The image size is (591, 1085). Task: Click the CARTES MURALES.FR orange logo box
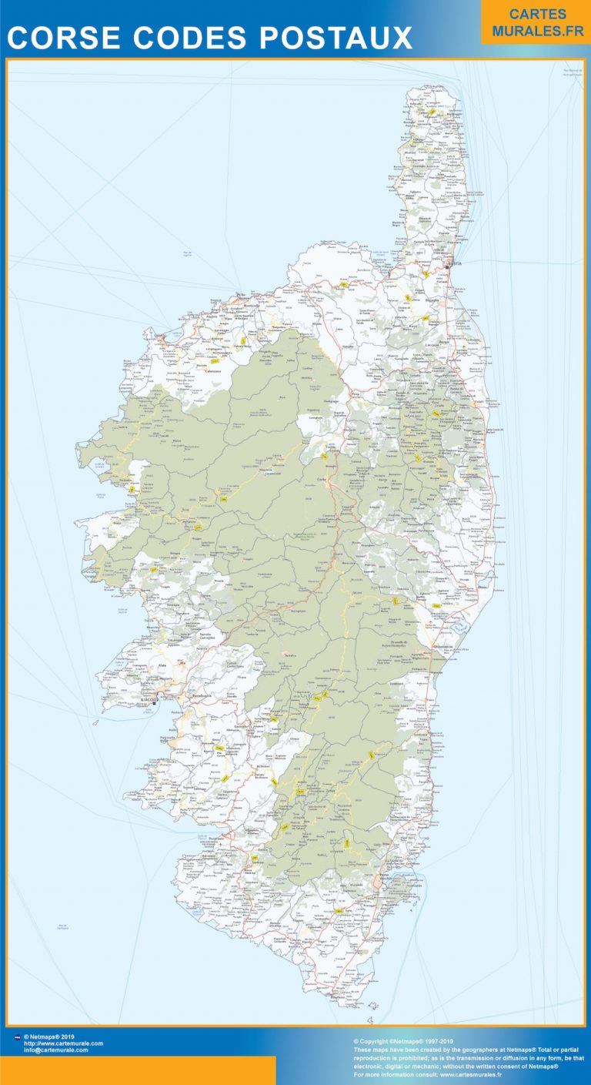(x=536, y=22)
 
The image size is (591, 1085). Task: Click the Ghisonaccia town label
(x=444, y=645)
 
